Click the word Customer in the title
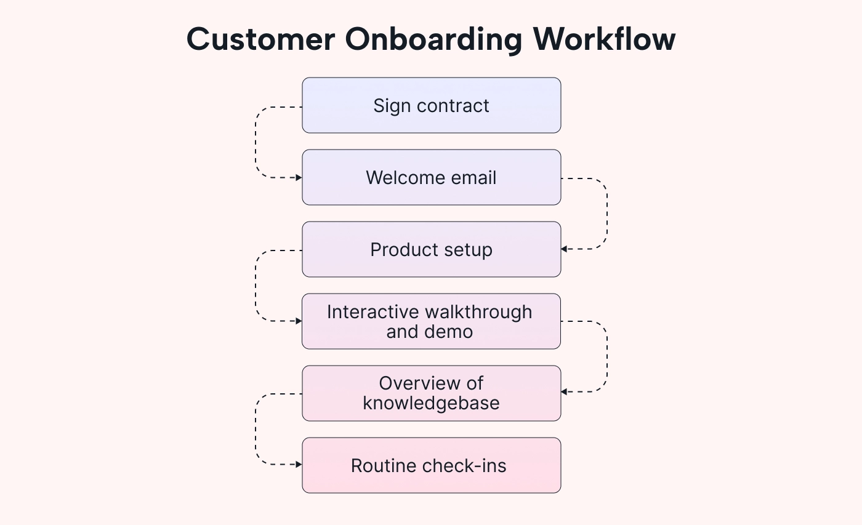click(x=260, y=39)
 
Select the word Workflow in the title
click(x=604, y=39)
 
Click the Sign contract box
click(x=431, y=105)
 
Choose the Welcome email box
click(x=431, y=177)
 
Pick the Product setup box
click(x=431, y=249)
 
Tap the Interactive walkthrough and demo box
click(x=431, y=321)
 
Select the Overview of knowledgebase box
click(x=431, y=393)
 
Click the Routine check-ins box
click(x=431, y=465)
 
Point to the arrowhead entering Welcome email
click(x=299, y=177)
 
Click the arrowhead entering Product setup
click(x=564, y=249)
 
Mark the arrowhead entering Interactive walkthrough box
click(x=299, y=321)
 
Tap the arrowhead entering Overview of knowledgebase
click(x=564, y=391)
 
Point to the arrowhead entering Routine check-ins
click(x=299, y=465)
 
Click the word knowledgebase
click(x=431, y=403)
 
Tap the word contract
click(x=453, y=106)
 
